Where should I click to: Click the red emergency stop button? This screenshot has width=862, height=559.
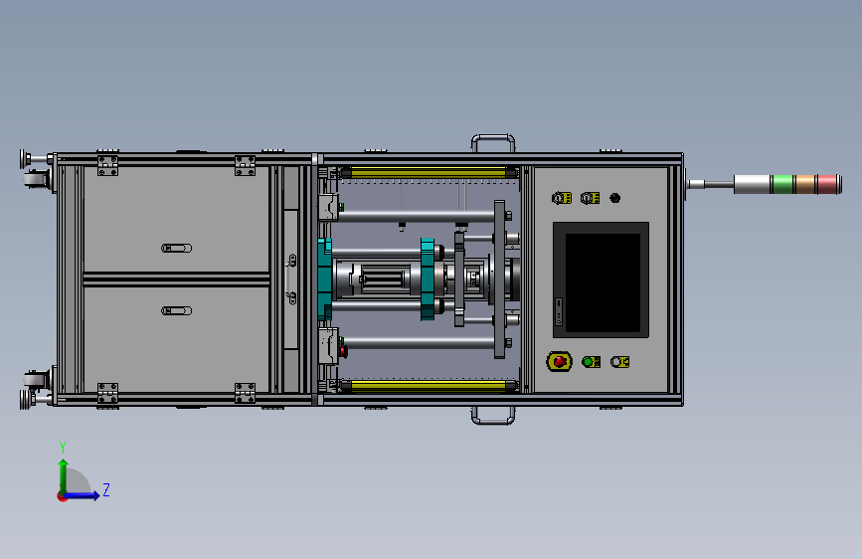tap(559, 361)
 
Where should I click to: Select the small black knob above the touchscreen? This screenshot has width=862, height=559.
tap(614, 198)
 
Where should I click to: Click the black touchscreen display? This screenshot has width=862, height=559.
tap(603, 282)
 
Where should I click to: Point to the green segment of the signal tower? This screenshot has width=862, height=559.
tap(782, 184)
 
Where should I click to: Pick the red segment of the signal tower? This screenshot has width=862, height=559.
tap(827, 184)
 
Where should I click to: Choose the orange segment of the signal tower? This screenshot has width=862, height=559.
tap(805, 184)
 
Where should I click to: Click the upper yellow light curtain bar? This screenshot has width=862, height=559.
tap(429, 173)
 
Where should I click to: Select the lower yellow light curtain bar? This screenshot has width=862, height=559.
tap(429, 385)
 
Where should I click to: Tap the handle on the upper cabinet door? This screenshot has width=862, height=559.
tap(176, 248)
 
